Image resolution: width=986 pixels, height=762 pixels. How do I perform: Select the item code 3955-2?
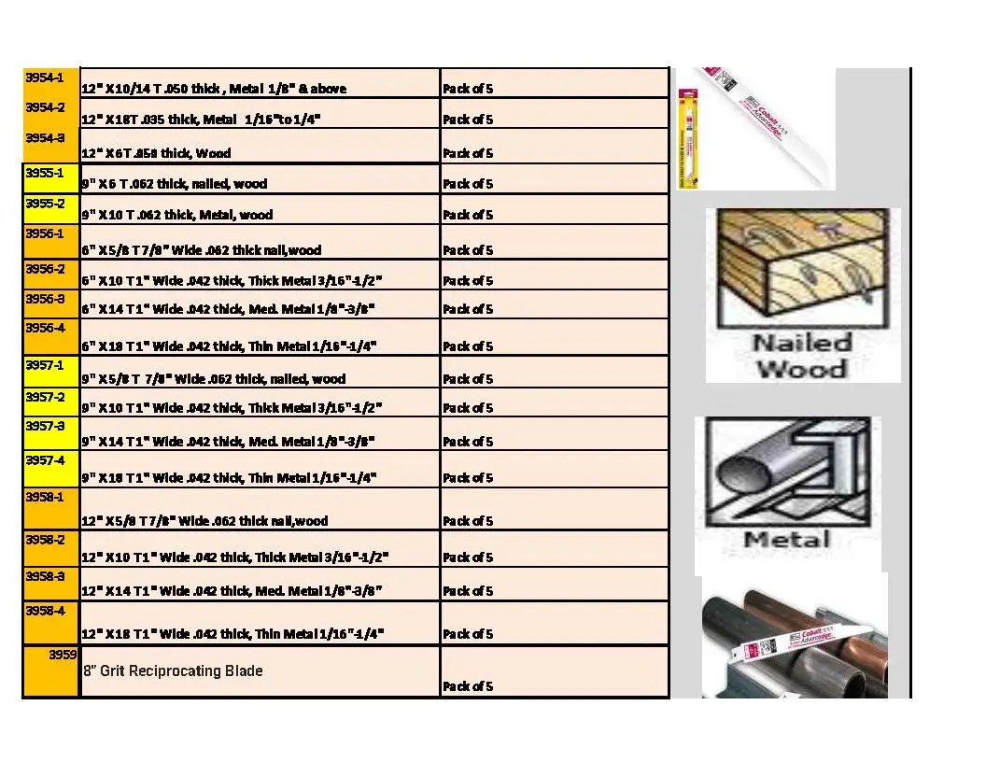(44, 204)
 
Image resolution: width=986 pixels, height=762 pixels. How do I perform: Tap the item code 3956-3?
(44, 299)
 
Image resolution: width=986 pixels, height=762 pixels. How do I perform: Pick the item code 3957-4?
(44, 459)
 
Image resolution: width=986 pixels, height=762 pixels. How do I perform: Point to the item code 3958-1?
(44, 497)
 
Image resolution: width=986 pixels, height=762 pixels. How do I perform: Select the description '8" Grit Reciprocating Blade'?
(173, 670)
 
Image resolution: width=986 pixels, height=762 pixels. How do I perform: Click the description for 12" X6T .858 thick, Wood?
(156, 153)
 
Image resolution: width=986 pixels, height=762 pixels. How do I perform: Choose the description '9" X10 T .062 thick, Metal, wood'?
(176, 215)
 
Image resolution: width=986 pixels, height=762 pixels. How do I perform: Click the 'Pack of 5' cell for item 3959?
(468, 686)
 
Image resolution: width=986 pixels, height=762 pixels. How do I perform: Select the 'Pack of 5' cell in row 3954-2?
(468, 120)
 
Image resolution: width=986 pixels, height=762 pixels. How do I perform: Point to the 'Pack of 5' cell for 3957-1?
(468, 379)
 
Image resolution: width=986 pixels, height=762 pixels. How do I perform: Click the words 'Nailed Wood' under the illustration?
(802, 355)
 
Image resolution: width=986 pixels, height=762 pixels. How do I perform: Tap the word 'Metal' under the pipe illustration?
(787, 540)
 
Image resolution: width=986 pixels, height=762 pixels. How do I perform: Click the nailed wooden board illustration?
(801, 265)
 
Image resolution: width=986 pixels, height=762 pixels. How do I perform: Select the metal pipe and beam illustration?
(786, 471)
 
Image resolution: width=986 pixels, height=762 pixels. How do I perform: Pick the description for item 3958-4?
(232, 634)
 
